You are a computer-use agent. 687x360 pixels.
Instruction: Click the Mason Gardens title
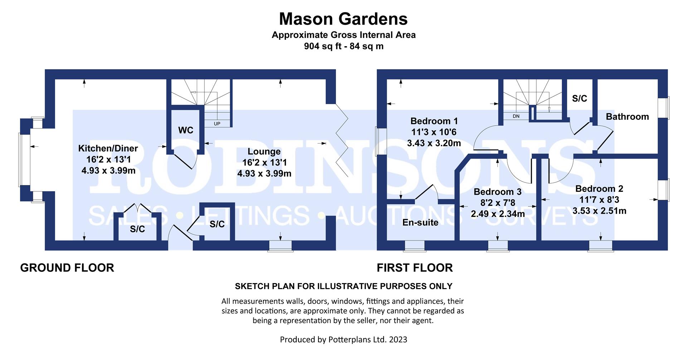pyautogui.click(x=343, y=19)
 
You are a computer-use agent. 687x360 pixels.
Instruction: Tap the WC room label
pyautogui.click(x=186, y=130)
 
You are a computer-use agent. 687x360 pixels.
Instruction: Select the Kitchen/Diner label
pyautogui.click(x=108, y=148)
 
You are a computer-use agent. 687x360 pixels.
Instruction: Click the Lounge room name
pyautogui.click(x=264, y=152)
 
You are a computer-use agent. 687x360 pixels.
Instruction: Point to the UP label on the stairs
pyautogui.click(x=217, y=124)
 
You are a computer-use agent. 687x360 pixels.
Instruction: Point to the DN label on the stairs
pyautogui.click(x=516, y=116)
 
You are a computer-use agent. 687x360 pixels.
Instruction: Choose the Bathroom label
pyautogui.click(x=627, y=117)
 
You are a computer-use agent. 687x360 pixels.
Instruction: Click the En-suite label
pyautogui.click(x=420, y=223)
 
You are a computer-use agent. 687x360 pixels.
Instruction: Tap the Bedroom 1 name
pyautogui.click(x=434, y=121)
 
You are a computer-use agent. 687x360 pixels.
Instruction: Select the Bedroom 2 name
pyautogui.click(x=599, y=189)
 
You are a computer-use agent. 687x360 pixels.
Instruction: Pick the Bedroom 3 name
pyautogui.click(x=498, y=192)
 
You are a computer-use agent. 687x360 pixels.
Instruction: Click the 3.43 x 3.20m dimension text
pyautogui.click(x=434, y=143)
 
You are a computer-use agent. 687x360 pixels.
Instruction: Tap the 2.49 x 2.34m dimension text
pyautogui.click(x=498, y=214)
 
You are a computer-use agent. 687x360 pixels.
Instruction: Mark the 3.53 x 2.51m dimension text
pyautogui.click(x=599, y=211)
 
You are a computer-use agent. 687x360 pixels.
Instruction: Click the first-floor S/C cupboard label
pyautogui.click(x=580, y=98)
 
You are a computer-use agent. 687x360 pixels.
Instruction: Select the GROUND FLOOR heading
pyautogui.click(x=67, y=268)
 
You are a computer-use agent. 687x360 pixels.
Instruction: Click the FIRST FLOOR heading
pyautogui.click(x=415, y=268)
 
